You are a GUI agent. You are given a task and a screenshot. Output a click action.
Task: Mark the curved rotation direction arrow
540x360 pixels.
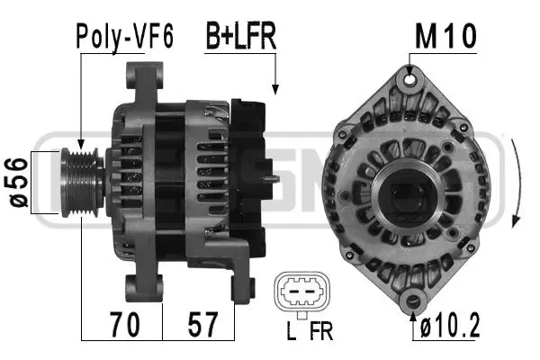(516, 184)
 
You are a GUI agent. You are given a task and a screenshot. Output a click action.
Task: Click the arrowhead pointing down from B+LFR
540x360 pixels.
(274, 89)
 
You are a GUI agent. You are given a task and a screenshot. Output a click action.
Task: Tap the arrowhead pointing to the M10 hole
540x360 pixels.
(410, 69)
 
